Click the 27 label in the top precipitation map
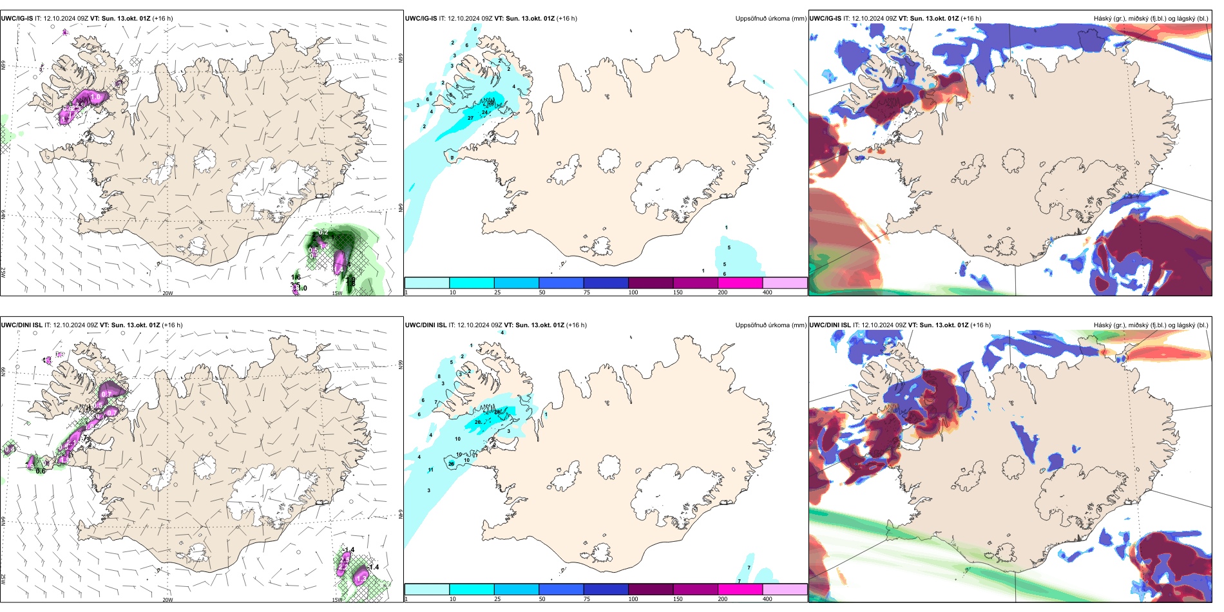click(x=470, y=118)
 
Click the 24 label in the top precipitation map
click(x=484, y=112)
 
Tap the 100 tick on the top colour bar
click(x=633, y=292)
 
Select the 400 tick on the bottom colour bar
click(x=767, y=599)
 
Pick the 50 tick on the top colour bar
click(x=542, y=292)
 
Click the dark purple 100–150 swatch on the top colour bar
click(x=650, y=283)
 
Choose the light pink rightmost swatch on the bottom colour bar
click(x=785, y=589)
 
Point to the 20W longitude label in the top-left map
click(x=167, y=293)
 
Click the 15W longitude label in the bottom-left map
click(x=337, y=600)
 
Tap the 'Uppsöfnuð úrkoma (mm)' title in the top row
click(x=770, y=19)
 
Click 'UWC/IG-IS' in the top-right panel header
click(x=825, y=19)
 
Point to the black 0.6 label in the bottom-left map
click(x=41, y=471)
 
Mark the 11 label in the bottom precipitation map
click(x=430, y=470)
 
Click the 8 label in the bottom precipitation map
click(x=439, y=376)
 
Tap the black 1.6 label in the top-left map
click(x=295, y=277)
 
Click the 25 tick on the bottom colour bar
click(x=497, y=599)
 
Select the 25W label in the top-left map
click(x=3, y=273)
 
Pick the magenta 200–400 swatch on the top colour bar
click(x=740, y=283)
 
